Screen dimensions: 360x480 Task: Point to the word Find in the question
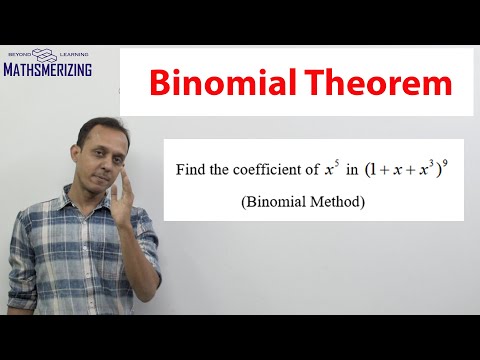pos(194,171)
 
